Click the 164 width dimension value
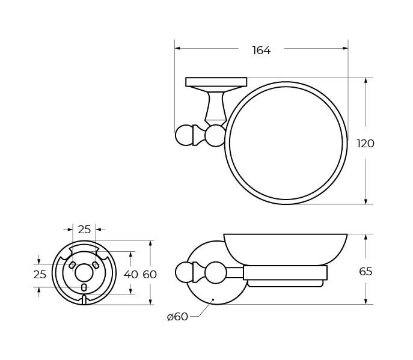(x=261, y=50)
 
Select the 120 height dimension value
(x=366, y=144)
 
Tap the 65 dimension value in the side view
(x=366, y=272)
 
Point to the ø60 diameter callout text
(x=177, y=317)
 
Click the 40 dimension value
(x=130, y=274)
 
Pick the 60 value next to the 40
(x=150, y=274)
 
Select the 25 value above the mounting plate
(x=84, y=229)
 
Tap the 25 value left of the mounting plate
(x=40, y=274)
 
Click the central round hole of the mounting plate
(x=84, y=273)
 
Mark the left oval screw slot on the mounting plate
(x=72, y=265)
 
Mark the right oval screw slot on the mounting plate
(x=96, y=265)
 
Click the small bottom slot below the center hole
(x=84, y=288)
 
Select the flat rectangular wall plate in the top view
(x=216, y=82)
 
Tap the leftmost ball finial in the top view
(x=185, y=135)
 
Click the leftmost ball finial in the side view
(x=185, y=272)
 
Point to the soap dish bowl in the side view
(x=285, y=248)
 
